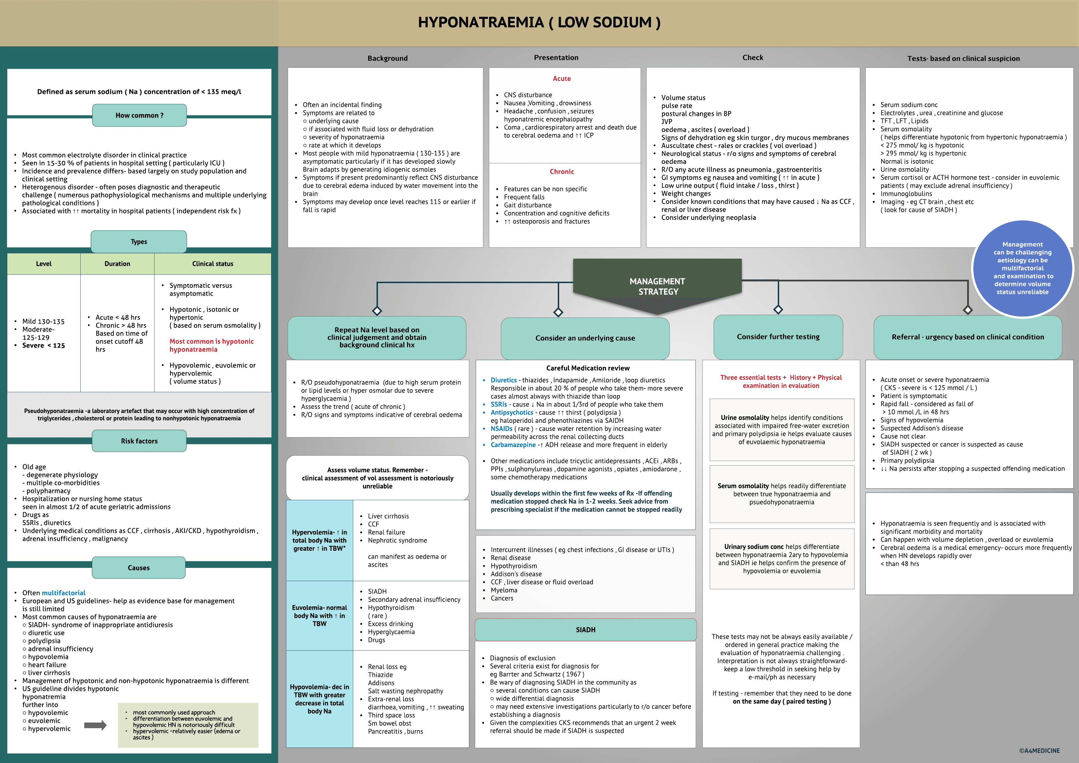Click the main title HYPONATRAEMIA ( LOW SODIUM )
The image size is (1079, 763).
click(539, 22)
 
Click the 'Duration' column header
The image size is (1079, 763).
click(117, 264)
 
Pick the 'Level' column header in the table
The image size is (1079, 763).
click(44, 264)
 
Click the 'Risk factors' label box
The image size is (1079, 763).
click(139, 441)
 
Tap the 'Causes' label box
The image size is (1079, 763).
click(139, 568)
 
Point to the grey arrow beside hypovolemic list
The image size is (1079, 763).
click(96, 725)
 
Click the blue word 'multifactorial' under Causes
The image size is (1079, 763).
click(64, 593)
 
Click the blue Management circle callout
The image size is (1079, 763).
click(1022, 268)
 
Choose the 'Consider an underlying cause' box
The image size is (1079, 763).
click(585, 338)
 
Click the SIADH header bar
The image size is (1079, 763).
click(586, 629)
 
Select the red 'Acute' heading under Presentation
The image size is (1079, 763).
click(562, 78)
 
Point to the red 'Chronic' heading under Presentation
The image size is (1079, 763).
click(562, 171)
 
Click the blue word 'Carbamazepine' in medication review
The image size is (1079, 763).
click(513, 445)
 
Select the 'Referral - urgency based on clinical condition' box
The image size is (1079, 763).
click(968, 337)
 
